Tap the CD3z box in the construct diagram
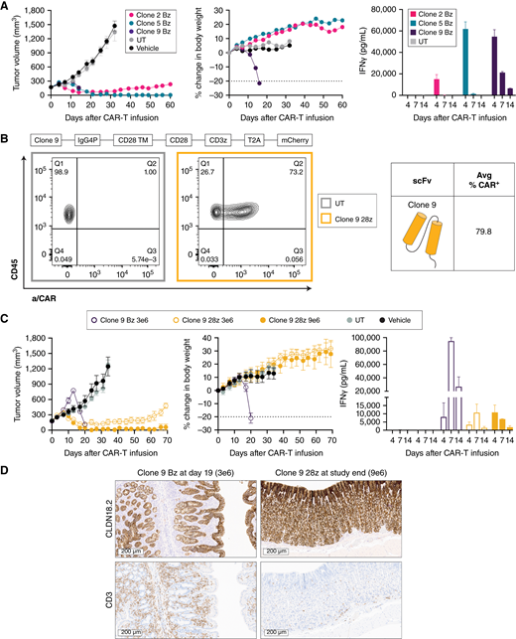click(210, 142)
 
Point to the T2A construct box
click(255, 142)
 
